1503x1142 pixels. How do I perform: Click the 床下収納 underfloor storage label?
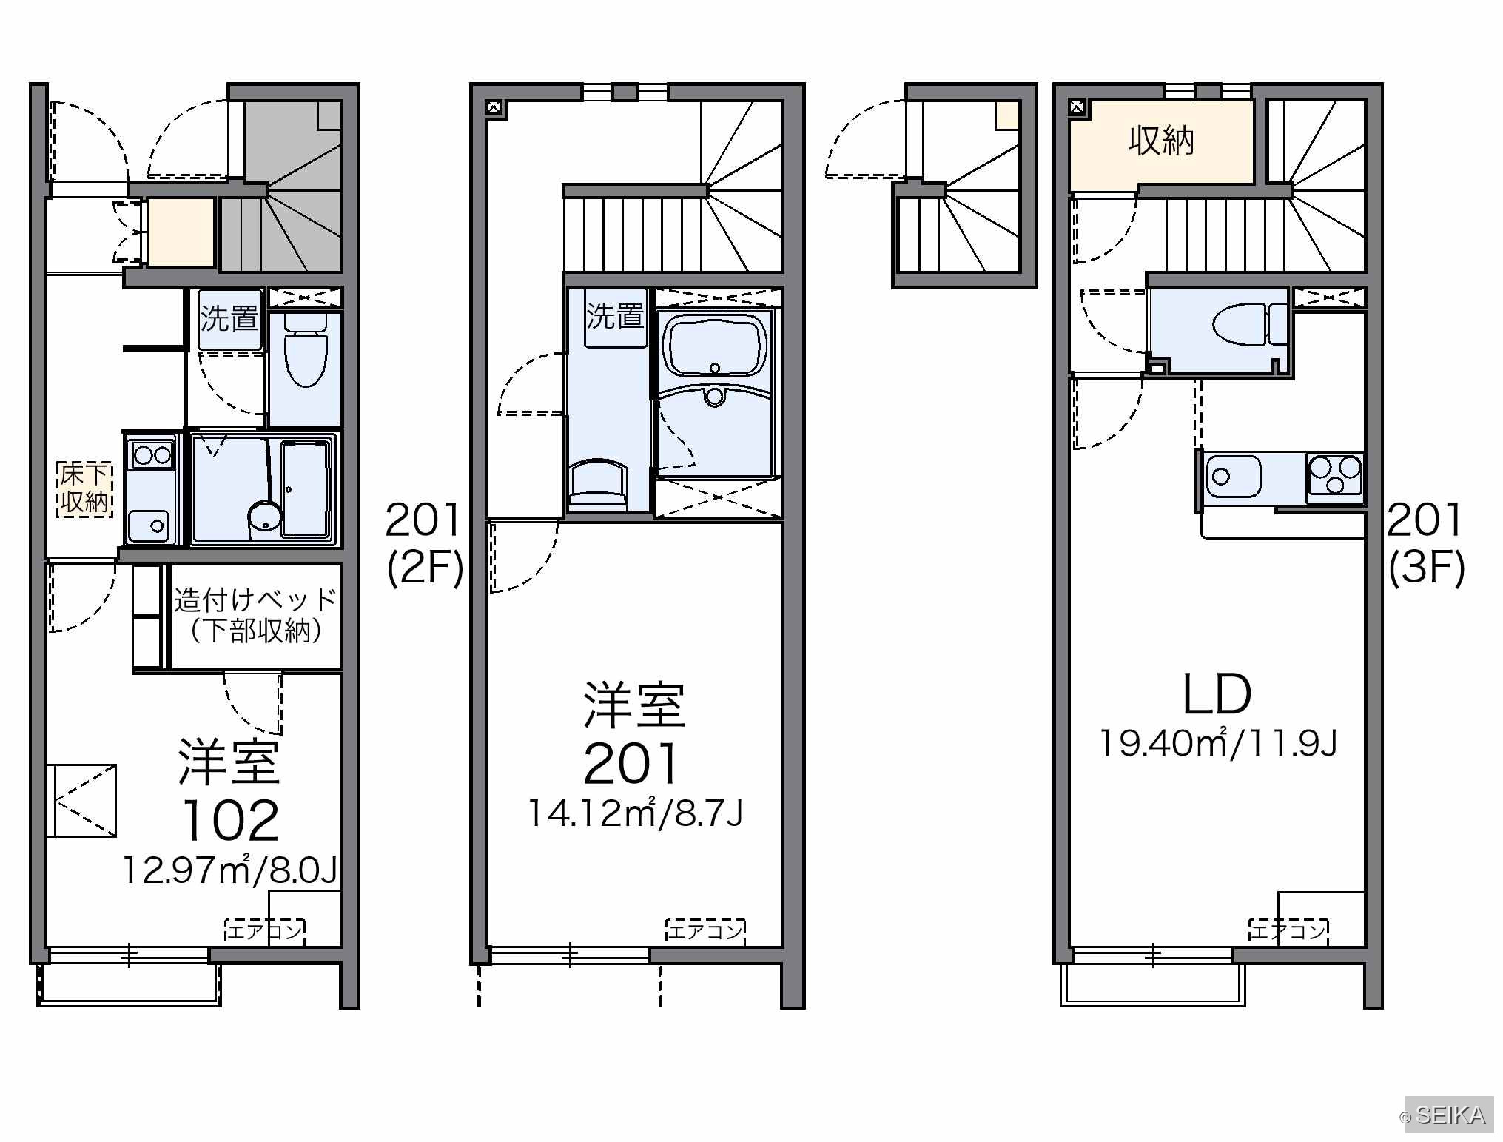point(85,488)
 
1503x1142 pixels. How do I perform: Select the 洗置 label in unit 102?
point(229,319)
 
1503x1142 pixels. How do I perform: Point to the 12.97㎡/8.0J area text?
point(230,870)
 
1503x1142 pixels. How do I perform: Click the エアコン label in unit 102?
point(265,930)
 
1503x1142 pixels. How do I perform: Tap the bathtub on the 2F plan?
point(714,346)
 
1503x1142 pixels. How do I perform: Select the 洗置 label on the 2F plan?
point(615,316)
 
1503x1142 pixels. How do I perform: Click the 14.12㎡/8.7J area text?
point(635,813)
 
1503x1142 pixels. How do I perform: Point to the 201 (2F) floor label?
point(424,543)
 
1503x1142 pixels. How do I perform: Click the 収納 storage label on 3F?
point(1161,141)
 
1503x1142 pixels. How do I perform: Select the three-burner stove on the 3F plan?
point(1335,476)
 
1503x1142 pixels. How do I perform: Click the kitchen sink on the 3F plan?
point(1234,477)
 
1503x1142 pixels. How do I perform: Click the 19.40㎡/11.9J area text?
point(1218,742)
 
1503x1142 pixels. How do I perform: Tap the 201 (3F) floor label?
point(1425,543)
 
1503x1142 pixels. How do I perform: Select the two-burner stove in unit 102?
point(152,454)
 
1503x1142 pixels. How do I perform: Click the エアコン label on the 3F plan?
point(1288,930)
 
